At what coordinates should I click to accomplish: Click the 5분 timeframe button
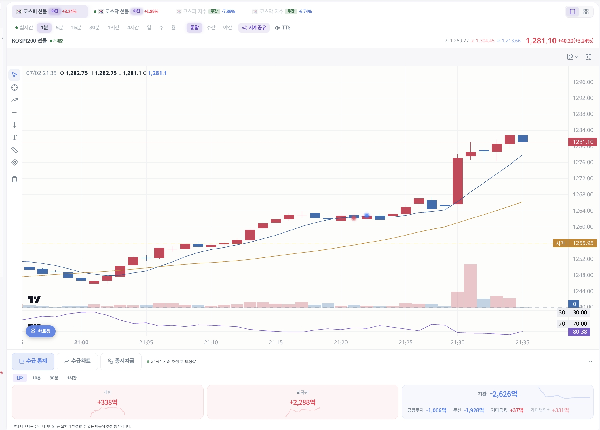[59, 28]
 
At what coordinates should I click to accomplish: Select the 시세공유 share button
[254, 28]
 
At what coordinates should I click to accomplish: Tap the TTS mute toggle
[283, 28]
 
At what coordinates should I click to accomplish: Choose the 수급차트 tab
[77, 361]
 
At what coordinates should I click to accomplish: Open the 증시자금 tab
[121, 361]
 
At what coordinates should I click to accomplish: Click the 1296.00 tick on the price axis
[583, 82]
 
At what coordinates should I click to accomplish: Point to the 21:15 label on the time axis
[276, 342]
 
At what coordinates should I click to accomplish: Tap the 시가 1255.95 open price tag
[575, 243]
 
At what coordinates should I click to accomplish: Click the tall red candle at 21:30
[457, 181]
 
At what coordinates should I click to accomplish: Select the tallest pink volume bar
[470, 286]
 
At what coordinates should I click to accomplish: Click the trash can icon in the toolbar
[14, 179]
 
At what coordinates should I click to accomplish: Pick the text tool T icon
[14, 137]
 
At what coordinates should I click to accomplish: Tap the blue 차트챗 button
[41, 331]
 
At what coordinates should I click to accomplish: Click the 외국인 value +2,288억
[303, 402]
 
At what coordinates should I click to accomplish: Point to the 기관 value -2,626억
[504, 394]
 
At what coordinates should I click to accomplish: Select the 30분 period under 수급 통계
[54, 378]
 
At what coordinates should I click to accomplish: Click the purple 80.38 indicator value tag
[579, 332]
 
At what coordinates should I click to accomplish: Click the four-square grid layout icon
[586, 12]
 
